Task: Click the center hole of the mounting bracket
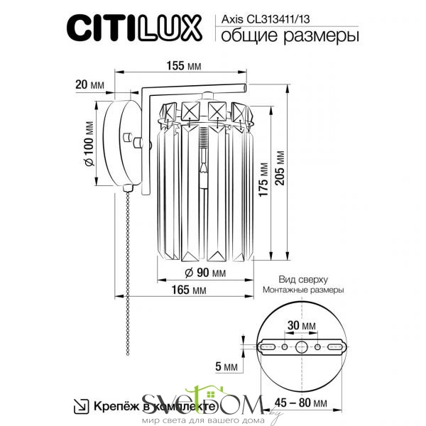click(302, 348)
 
